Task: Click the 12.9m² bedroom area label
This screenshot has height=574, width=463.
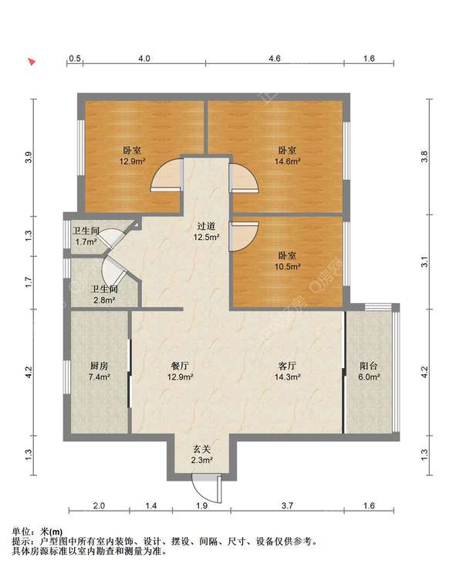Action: pyautogui.click(x=132, y=161)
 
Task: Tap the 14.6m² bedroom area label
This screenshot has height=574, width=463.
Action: pyautogui.click(x=288, y=161)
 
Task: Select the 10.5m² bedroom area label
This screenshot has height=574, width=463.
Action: pyautogui.click(x=288, y=266)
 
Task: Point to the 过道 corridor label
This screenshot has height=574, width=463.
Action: pyautogui.click(x=206, y=227)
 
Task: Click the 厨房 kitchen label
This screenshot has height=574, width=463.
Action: pyautogui.click(x=99, y=366)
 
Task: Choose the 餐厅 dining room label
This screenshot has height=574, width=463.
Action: pyautogui.click(x=180, y=366)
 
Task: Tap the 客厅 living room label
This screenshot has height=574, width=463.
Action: pyautogui.click(x=287, y=366)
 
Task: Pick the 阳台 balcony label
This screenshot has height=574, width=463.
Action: pyautogui.click(x=369, y=366)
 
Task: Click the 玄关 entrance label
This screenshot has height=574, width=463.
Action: pyautogui.click(x=201, y=449)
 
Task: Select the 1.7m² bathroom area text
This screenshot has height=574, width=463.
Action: pyautogui.click(x=86, y=241)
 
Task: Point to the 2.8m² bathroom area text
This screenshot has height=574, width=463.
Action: pyautogui.click(x=104, y=300)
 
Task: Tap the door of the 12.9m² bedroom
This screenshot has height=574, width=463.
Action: pyautogui.click(x=167, y=175)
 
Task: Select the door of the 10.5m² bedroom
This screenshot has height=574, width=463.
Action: pyautogui.click(x=244, y=237)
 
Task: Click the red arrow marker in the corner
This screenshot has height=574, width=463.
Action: pyautogui.click(x=32, y=62)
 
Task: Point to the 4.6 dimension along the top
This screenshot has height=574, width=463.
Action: pyautogui.click(x=275, y=59)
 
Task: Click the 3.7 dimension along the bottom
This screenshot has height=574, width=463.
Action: pyautogui.click(x=287, y=505)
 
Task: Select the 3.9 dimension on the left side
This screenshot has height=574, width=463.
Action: pyautogui.click(x=29, y=157)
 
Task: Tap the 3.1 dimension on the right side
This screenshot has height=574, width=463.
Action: pyautogui.click(x=424, y=262)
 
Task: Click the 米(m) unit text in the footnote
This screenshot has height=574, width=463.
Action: pyautogui.click(x=51, y=532)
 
